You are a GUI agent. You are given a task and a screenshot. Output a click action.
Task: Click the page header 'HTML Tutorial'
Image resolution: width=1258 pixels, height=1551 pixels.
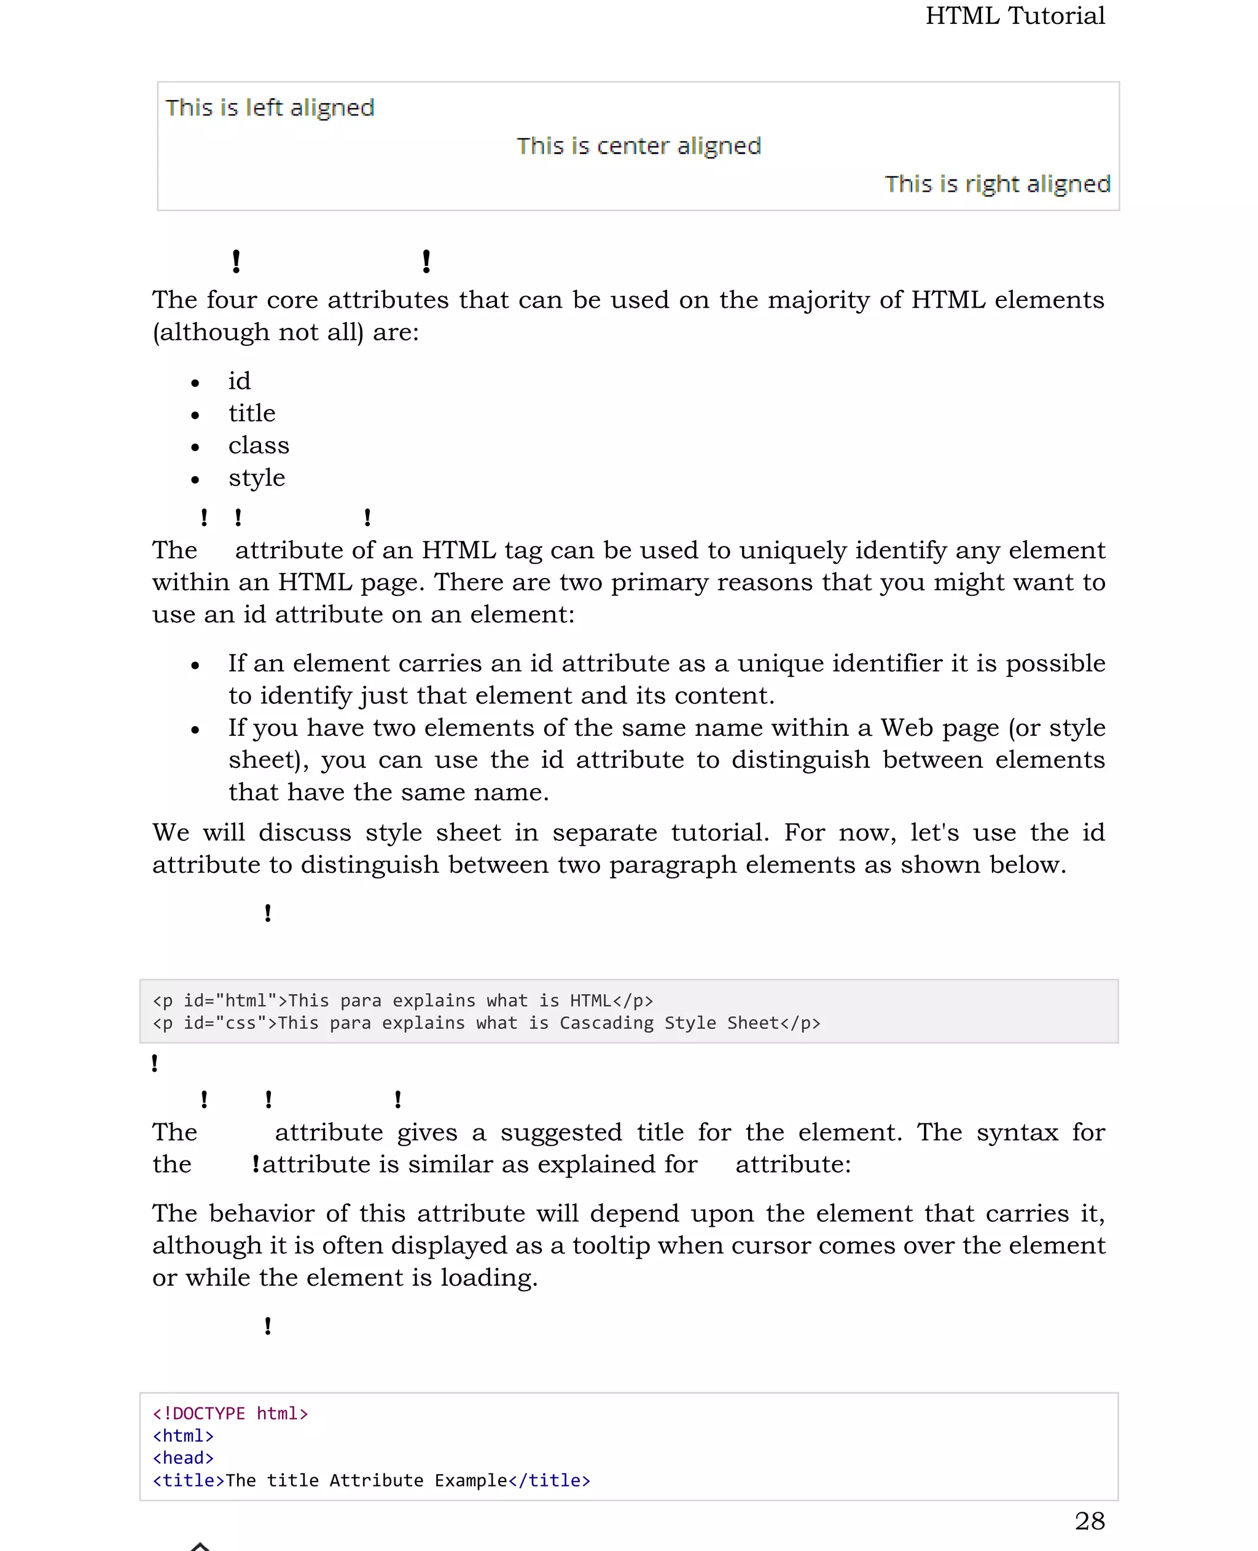(1015, 16)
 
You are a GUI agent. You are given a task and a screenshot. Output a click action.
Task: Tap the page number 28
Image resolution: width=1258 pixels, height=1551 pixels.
(1089, 1520)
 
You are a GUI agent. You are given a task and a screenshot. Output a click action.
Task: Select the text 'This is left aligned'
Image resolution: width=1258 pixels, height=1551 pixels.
(270, 108)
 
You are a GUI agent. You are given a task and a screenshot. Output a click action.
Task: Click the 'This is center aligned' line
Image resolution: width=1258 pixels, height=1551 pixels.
(638, 146)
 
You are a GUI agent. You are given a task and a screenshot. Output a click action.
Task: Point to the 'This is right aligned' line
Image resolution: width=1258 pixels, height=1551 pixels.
(997, 184)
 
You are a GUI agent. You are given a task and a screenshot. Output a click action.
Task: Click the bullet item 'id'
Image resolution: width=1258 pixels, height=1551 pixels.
(239, 381)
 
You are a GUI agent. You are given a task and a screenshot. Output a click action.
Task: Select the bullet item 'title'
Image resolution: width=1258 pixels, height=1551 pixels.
(251, 413)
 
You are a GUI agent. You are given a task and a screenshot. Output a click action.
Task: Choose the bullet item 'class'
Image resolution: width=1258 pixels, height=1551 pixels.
(258, 445)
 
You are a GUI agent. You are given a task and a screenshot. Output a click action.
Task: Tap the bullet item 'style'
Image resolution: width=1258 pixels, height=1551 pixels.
(257, 478)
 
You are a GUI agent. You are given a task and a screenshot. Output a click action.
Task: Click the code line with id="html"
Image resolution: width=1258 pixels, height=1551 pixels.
(402, 1000)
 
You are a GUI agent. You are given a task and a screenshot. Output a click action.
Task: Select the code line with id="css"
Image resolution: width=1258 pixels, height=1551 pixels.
(485, 1023)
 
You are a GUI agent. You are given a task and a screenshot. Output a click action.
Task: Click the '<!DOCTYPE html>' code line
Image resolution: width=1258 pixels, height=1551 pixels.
(230, 1413)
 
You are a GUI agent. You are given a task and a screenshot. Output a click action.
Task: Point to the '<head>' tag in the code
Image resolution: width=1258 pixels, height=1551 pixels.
(183, 1458)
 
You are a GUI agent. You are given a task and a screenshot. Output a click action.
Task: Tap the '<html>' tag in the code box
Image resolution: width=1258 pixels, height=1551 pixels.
(183, 1436)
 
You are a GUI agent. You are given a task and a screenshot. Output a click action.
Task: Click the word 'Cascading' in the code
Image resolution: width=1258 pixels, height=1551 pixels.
(606, 1023)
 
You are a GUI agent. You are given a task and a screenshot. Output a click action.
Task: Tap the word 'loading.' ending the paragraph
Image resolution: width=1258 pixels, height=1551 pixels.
(488, 1277)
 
